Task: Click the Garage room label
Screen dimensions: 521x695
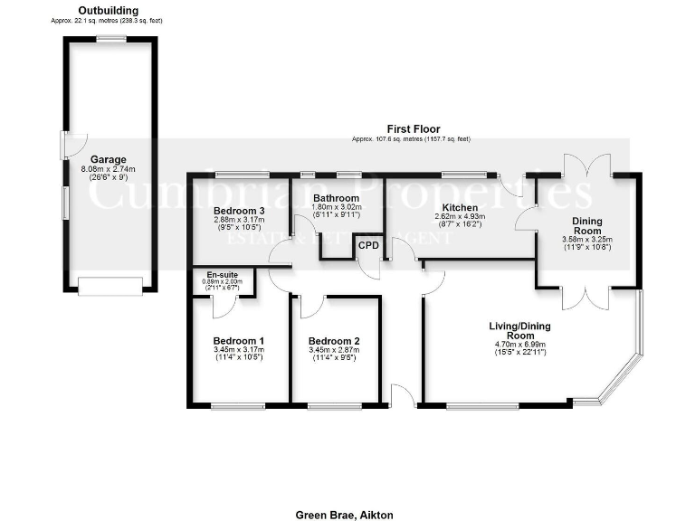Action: pos(108,159)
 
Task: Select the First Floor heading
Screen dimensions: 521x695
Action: pos(412,129)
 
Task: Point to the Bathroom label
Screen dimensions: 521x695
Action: pos(336,198)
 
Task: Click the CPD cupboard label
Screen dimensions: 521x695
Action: pos(368,245)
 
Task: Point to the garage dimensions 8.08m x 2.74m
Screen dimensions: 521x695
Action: pos(108,169)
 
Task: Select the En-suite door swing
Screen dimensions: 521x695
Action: pos(220,307)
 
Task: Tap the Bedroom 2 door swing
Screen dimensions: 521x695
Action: pos(309,307)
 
